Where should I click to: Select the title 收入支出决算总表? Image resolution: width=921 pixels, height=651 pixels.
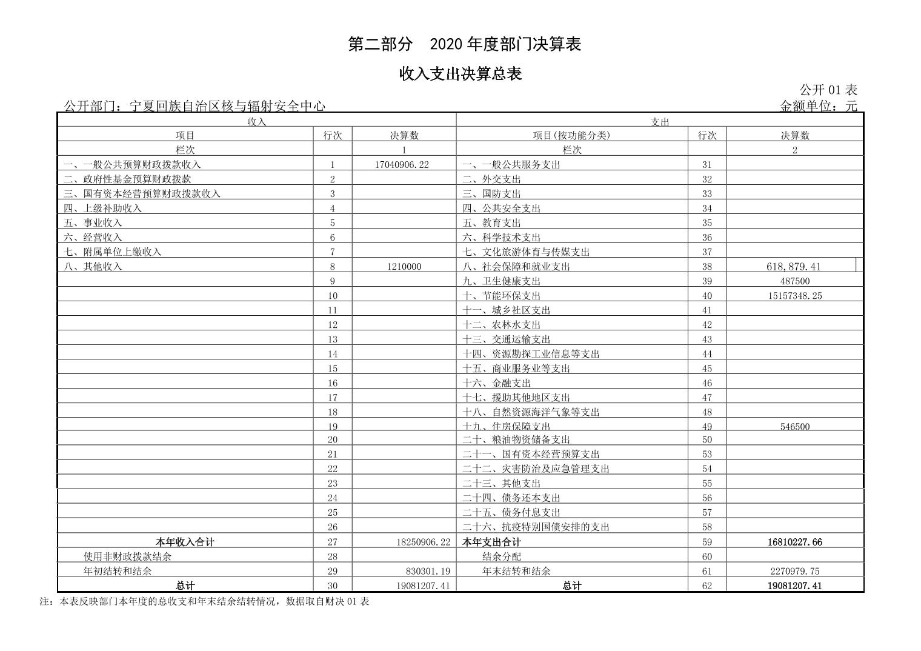point(460,75)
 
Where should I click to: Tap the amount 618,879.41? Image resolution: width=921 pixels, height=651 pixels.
point(794,266)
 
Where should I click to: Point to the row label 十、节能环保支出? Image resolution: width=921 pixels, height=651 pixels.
point(501,296)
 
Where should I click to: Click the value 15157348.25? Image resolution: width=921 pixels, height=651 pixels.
point(794,296)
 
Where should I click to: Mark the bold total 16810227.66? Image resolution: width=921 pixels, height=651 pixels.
point(794,542)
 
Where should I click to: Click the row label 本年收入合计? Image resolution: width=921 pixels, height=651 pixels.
point(185,542)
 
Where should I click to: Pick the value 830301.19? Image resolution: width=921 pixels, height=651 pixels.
point(428,571)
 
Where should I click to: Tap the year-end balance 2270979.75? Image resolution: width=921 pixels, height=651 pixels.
point(794,571)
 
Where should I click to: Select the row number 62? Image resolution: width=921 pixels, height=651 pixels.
point(707,586)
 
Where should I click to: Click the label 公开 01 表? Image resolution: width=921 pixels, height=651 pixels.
point(828,90)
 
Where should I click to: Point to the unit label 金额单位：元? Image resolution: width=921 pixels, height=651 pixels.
point(818,107)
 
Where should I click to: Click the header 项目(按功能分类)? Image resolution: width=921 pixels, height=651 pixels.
point(571,135)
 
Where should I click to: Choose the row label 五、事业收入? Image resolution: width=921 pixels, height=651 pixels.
point(93,222)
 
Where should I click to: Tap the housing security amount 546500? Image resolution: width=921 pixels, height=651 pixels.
point(794,426)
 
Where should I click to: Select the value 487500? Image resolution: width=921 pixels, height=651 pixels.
point(794,281)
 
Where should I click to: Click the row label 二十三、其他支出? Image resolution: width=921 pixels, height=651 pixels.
point(501,483)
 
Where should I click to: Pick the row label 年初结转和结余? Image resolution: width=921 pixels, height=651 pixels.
point(118,571)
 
